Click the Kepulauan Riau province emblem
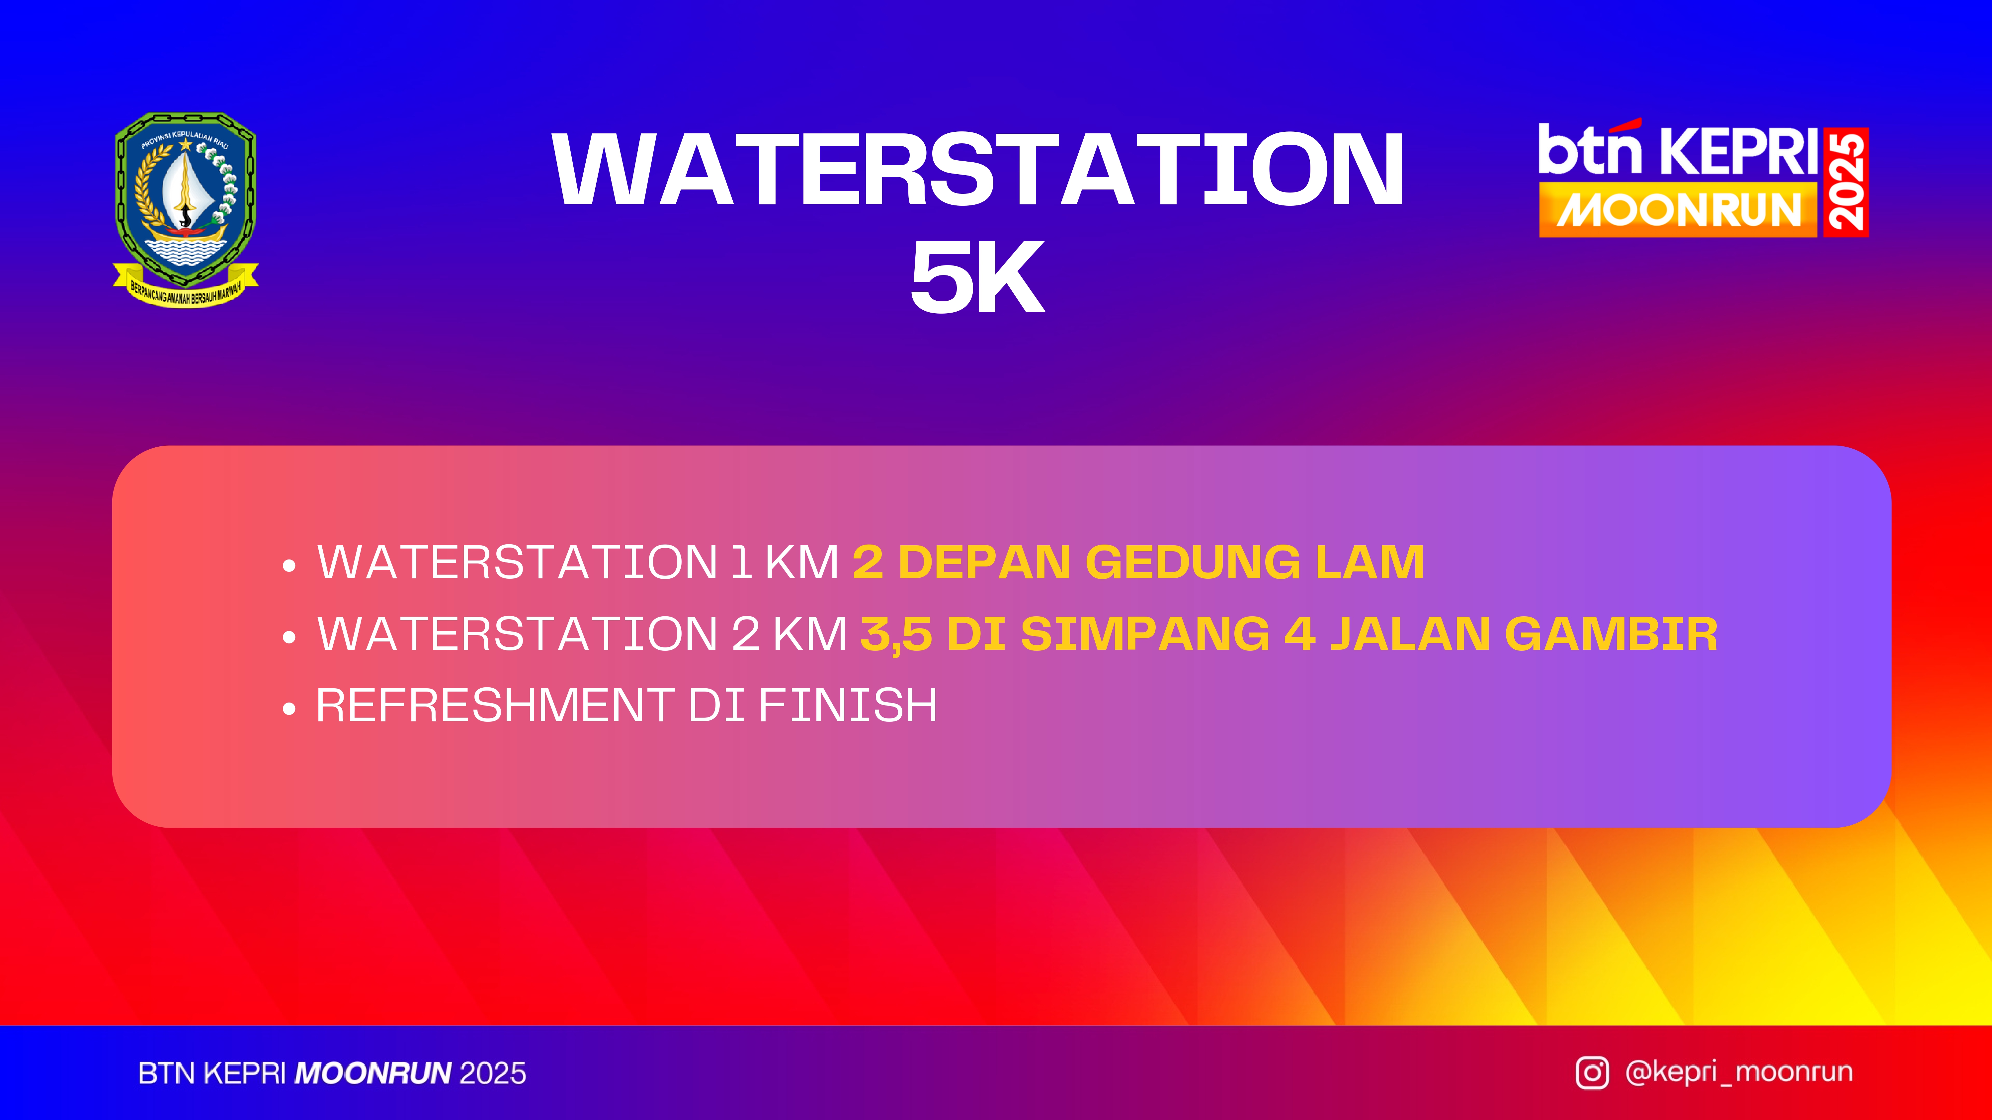coord(186,209)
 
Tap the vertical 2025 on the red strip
coord(1846,182)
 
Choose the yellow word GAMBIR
coord(1611,634)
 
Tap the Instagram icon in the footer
coord(1592,1073)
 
